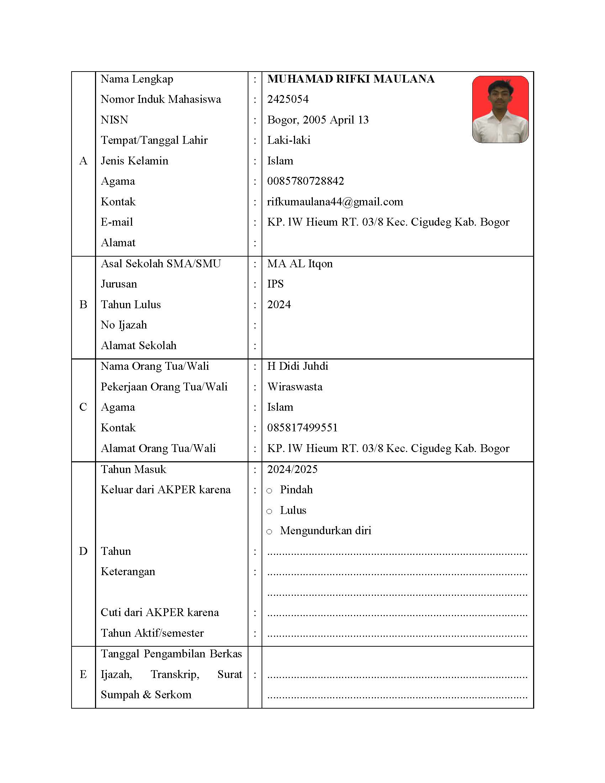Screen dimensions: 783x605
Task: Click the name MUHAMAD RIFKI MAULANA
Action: click(351, 79)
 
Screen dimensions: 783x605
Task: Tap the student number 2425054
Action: click(288, 99)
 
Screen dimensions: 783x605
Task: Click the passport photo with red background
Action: click(500, 109)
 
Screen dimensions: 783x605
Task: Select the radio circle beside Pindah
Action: click(269, 491)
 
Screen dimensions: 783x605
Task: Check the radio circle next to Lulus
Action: click(269, 511)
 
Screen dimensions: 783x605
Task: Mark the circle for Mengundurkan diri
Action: click(269, 532)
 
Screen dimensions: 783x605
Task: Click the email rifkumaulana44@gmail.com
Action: click(335, 202)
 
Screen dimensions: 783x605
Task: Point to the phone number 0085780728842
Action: click(305, 181)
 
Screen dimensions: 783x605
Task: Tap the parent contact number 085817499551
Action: click(302, 428)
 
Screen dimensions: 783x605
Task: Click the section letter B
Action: click(83, 305)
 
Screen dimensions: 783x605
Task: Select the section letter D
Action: click(83, 551)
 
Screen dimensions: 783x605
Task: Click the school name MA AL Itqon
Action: click(300, 264)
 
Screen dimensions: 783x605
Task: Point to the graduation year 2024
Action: click(279, 305)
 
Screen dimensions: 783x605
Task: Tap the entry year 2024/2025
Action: click(292, 469)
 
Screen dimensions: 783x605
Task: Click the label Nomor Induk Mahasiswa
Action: click(161, 99)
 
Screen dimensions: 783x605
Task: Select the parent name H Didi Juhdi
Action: click(298, 366)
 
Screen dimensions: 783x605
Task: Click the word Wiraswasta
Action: click(295, 387)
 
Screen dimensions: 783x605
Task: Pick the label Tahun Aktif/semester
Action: click(152, 633)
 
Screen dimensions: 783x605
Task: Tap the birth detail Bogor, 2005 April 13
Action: click(317, 120)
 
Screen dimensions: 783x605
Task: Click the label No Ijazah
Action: click(123, 325)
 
